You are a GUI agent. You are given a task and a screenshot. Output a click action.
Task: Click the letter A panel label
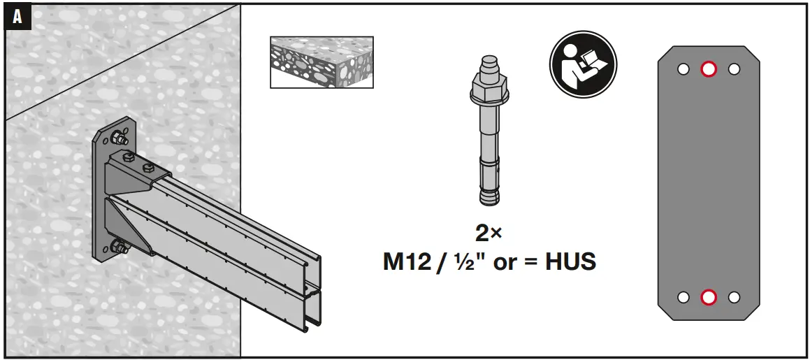pos(17,17)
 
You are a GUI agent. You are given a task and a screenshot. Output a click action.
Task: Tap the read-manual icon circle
pos(584,64)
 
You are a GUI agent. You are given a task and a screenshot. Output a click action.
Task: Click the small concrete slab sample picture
pos(321,62)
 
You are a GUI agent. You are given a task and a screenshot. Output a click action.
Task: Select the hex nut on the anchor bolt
pos(489,85)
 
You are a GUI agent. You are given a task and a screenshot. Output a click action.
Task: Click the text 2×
pos(489,233)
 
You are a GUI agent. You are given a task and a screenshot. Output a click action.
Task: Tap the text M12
pos(407,261)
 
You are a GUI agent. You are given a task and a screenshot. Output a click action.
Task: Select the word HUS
pos(570,261)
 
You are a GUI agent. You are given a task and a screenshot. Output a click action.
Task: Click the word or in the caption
pos(505,264)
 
